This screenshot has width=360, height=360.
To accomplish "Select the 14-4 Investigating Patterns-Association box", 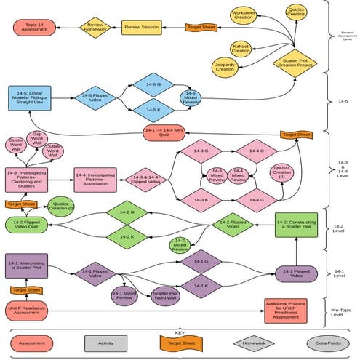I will point(95,178).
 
